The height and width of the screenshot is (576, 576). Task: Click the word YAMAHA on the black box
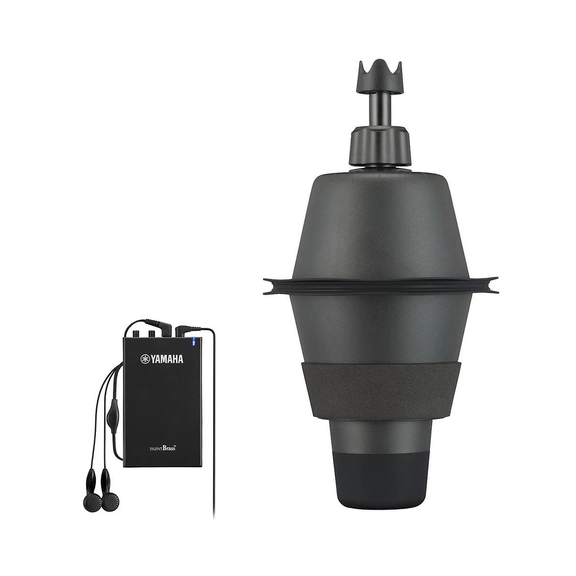pyautogui.click(x=167, y=359)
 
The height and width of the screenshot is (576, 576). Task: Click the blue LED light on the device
pyautogui.click(x=193, y=341)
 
